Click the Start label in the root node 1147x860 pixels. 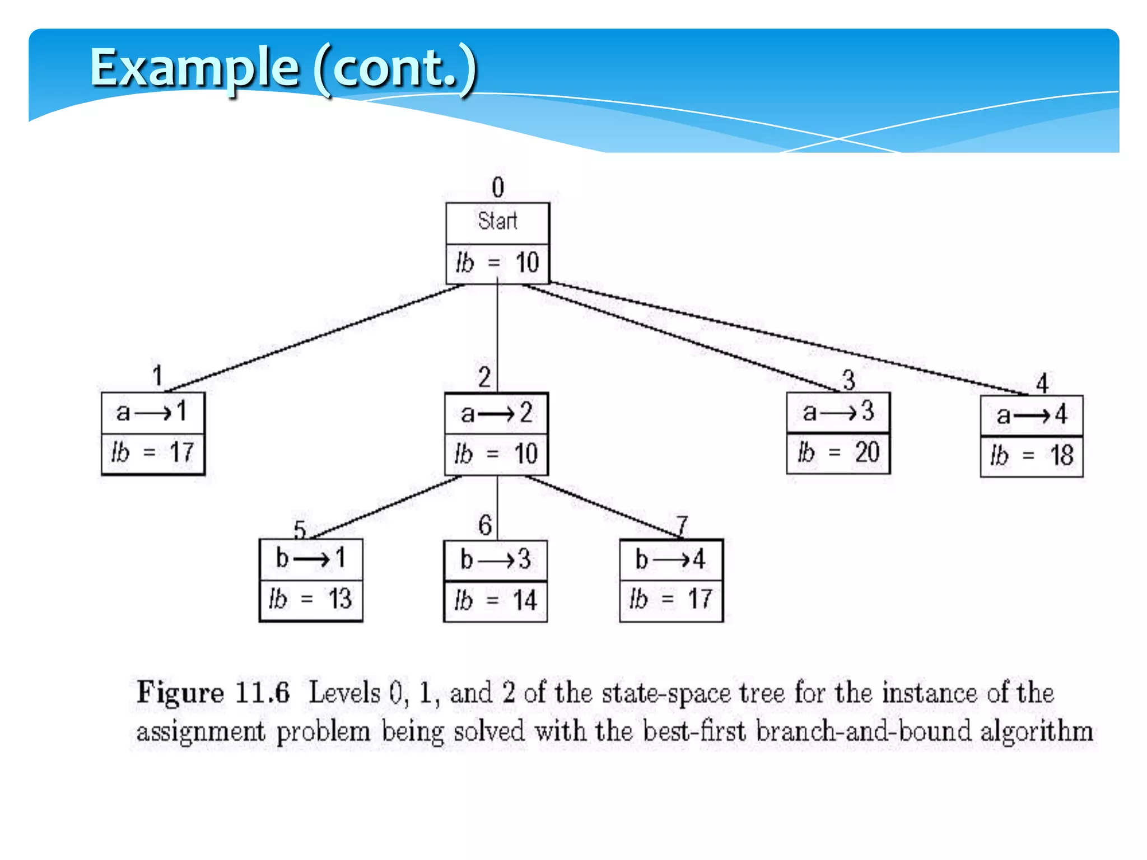click(497, 221)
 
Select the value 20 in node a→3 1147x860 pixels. click(868, 452)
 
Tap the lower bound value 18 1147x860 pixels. click(1062, 455)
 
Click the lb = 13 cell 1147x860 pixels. click(311, 599)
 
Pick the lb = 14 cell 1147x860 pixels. click(495, 600)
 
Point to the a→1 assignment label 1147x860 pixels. click(152, 413)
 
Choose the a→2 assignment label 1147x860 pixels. click(496, 414)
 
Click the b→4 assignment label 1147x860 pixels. click(670, 559)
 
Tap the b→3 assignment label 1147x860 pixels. click(495, 559)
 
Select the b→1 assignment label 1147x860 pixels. click(311, 558)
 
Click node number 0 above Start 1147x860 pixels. click(498, 187)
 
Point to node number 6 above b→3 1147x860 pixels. click(485, 525)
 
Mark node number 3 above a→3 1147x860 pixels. click(848, 380)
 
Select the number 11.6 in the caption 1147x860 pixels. click(262, 693)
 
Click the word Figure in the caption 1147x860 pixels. click(180, 693)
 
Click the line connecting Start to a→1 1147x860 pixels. click(314, 338)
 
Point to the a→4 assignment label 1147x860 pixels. click(1032, 415)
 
